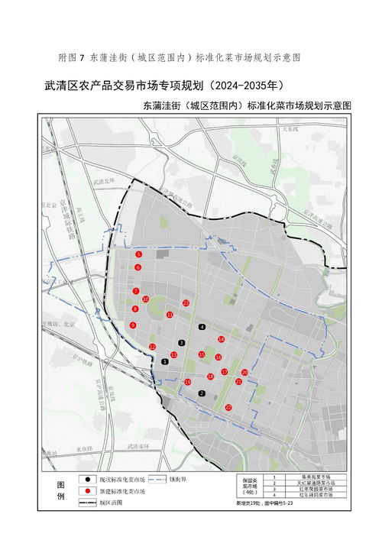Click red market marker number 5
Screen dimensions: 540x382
(x=138, y=254)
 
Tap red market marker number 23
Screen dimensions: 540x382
(x=186, y=303)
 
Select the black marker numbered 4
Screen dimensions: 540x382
(x=202, y=327)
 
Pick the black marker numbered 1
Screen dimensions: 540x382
(x=165, y=361)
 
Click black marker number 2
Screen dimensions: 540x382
(x=202, y=393)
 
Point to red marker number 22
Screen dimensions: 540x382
(x=228, y=407)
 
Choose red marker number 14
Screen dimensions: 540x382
(x=221, y=339)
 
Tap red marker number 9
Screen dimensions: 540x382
(x=133, y=325)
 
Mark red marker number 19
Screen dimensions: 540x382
(x=188, y=382)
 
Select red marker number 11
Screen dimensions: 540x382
(x=169, y=314)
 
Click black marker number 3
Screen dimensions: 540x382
(x=182, y=343)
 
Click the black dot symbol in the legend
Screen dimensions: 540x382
(x=89, y=479)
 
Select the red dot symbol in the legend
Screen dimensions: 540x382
(x=89, y=490)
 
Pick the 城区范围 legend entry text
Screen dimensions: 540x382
(x=107, y=503)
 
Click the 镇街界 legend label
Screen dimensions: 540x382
(x=178, y=479)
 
